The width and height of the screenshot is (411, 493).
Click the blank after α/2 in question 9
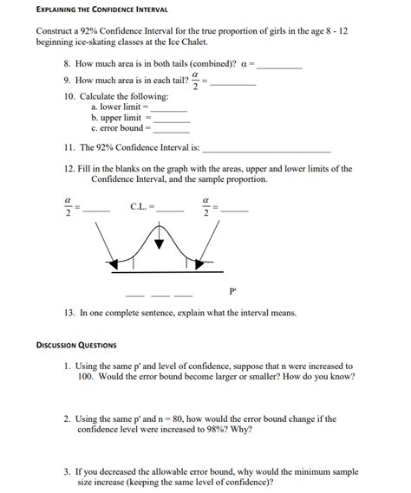(233, 84)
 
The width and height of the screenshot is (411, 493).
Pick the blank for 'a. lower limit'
(170, 109)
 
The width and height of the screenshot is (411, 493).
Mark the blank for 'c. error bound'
(170, 130)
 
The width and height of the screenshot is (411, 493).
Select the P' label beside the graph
(232, 291)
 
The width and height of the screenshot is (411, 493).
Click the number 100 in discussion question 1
(84, 378)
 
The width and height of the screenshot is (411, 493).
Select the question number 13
(69, 313)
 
